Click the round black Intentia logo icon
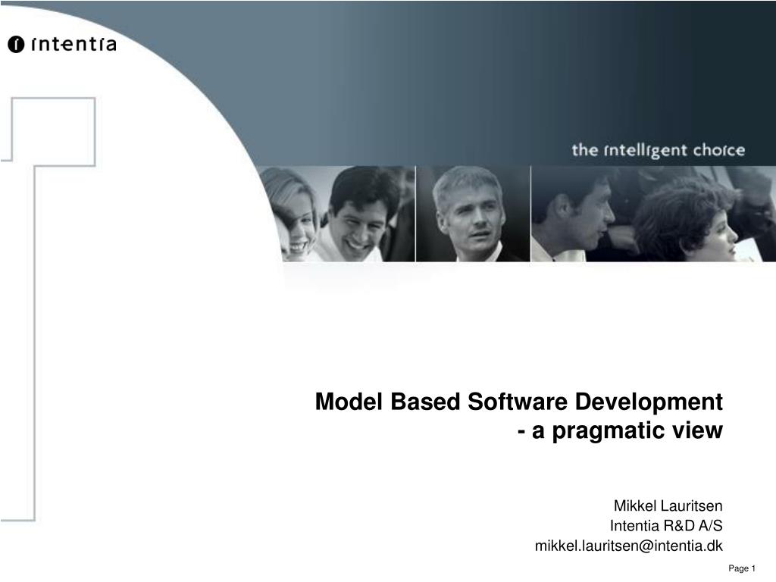(16, 45)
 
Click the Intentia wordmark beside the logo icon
(74, 44)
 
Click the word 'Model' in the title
(349, 402)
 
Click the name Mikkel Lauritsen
(668, 505)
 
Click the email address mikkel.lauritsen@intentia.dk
(628, 546)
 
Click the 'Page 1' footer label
(742, 568)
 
